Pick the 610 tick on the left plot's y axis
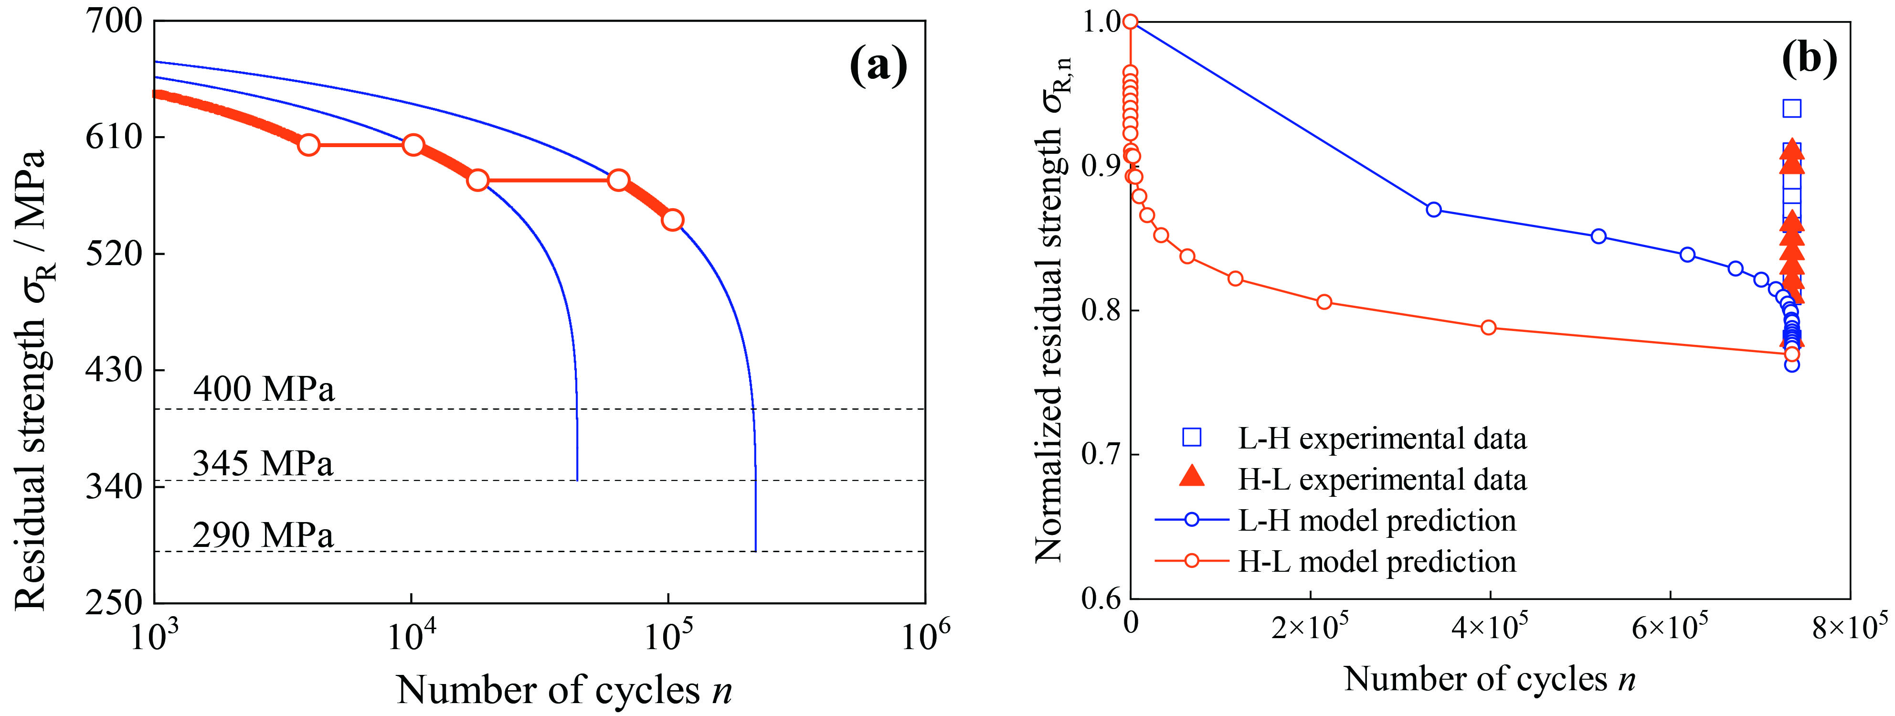click(x=114, y=137)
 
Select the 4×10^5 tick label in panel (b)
click(x=1491, y=628)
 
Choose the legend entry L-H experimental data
click(x=1382, y=438)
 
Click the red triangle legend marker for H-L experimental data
click(x=1192, y=478)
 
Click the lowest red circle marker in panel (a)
click(x=672, y=220)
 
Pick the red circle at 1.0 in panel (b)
click(x=1131, y=22)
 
